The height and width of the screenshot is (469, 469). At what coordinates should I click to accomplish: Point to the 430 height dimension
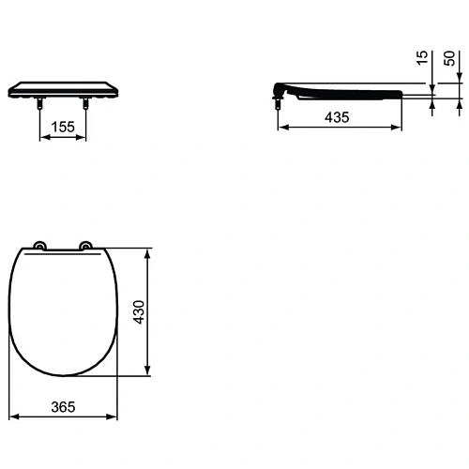coord(138,311)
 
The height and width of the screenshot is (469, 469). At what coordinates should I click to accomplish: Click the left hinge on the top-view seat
coord(39,247)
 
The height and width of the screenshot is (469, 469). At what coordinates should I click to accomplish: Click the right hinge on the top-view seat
coord(86,247)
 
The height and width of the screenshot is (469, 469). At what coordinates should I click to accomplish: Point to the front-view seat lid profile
coord(62,88)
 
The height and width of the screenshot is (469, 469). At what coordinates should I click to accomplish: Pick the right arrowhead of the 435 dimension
coord(401,129)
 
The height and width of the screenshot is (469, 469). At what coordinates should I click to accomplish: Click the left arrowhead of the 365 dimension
coord(10,418)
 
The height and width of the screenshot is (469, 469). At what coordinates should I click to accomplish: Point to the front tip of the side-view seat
coord(401,92)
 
